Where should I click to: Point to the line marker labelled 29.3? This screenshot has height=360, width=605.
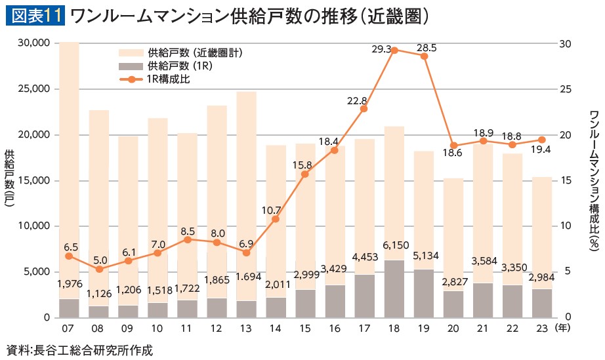[394, 50]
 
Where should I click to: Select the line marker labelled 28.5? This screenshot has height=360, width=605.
[424, 56]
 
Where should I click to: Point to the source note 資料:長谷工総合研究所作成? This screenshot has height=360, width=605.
[79, 350]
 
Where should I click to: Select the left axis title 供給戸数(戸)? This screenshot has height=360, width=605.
[10, 180]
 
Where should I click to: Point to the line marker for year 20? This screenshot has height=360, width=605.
[453, 146]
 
